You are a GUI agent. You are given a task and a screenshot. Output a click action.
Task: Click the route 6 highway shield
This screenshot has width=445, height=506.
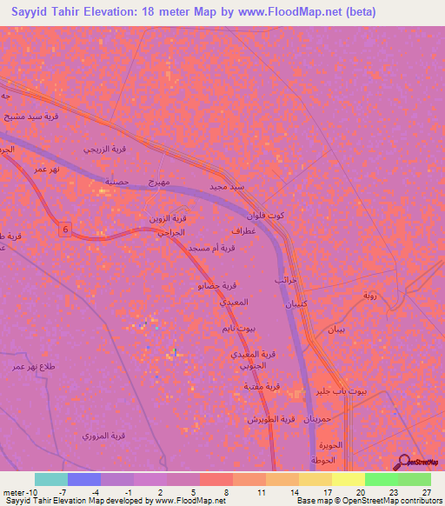click(64, 229)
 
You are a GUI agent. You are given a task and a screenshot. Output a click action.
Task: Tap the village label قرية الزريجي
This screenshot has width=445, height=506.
click(105, 150)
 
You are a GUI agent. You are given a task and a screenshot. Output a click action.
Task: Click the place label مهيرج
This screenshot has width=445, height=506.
click(162, 180)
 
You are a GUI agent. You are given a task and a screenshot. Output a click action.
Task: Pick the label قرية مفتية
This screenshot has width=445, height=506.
click(261, 386)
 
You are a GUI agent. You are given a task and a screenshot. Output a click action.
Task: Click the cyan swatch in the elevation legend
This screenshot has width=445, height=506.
click(51, 479)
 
